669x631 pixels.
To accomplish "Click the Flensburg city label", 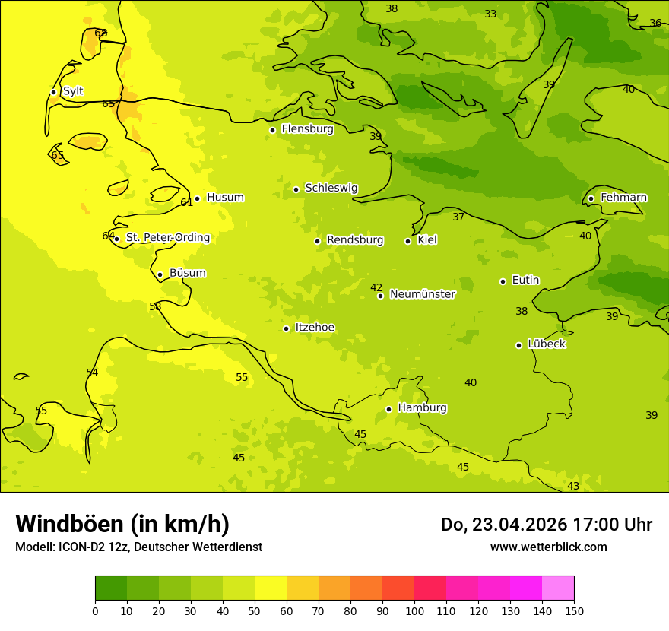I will [x=307, y=129].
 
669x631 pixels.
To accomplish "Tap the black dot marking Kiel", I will [x=407, y=241].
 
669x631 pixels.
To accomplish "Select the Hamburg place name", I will [x=422, y=407].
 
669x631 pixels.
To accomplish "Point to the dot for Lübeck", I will [x=518, y=345].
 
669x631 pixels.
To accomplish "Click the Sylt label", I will [x=73, y=91].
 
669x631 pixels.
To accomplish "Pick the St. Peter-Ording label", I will [x=168, y=238].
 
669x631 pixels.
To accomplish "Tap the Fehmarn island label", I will [x=623, y=198].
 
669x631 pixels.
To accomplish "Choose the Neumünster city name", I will [x=423, y=294].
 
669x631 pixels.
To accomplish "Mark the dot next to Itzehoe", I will [x=286, y=328].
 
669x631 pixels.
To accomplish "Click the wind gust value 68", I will [x=101, y=33].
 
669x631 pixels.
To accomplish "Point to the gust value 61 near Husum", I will [x=186, y=202].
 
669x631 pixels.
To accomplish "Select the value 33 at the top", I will [x=490, y=14].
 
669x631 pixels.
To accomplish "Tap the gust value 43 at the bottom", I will [x=573, y=486].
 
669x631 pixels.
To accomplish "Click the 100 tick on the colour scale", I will [x=414, y=611].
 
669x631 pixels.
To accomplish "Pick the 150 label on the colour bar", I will [x=574, y=611].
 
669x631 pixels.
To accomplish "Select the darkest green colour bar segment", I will [x=111, y=588].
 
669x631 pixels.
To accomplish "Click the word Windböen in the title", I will [x=69, y=524].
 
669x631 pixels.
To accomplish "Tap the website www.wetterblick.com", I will [x=548, y=547].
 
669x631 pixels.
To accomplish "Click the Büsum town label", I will [x=187, y=273].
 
